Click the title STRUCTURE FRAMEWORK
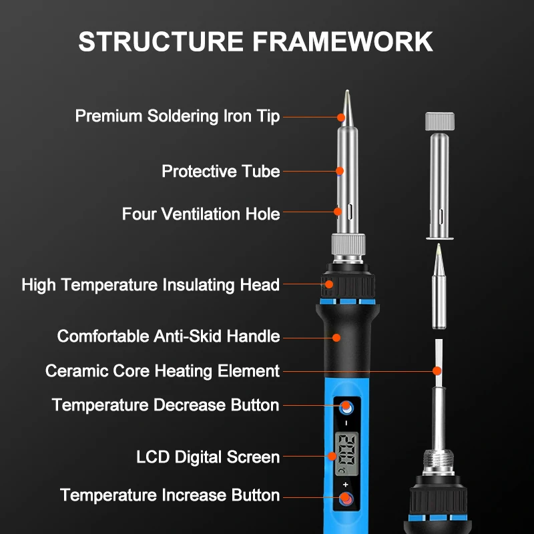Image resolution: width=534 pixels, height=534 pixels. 256,41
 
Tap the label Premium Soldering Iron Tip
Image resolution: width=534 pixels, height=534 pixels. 177,115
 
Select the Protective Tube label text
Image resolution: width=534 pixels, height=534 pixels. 220,172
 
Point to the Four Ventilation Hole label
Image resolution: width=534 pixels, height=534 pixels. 201,214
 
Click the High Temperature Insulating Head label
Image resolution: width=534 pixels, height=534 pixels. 150,285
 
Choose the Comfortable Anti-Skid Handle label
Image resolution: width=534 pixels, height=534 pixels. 168,336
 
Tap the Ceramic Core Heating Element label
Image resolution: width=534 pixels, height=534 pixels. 162,370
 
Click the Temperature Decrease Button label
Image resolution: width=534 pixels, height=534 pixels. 166,405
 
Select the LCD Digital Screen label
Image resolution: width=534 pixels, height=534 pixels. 208,457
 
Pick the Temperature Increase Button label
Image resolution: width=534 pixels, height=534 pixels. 170,495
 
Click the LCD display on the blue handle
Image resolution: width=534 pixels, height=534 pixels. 346,451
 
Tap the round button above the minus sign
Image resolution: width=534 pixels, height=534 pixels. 346,407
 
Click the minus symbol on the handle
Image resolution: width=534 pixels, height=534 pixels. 346,423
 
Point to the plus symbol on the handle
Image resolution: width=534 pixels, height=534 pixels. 346,483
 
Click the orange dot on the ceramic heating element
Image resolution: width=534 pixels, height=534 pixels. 437,370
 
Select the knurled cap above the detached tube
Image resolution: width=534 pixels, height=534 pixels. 439,122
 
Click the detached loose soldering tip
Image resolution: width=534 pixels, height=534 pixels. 439,287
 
